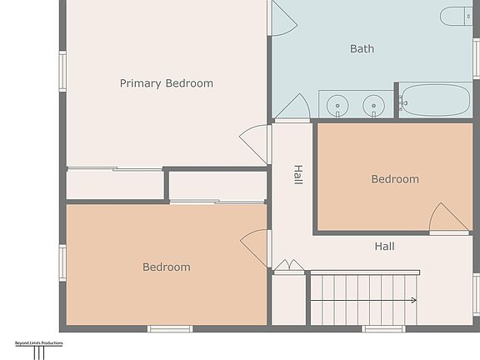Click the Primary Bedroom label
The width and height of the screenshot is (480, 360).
click(x=166, y=83)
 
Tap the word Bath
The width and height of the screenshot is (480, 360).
click(x=362, y=49)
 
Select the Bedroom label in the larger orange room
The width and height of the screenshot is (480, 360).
click(x=166, y=267)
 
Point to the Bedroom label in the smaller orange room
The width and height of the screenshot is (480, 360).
click(x=395, y=179)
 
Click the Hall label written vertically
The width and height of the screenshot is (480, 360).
click(x=297, y=175)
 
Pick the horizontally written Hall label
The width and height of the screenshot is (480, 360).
click(x=384, y=247)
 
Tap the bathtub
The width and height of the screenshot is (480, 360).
click(x=434, y=100)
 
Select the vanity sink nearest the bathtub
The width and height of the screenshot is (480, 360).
click(x=375, y=105)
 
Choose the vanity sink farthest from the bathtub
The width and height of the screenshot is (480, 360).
click(x=337, y=105)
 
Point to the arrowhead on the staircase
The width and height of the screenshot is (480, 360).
click(x=413, y=300)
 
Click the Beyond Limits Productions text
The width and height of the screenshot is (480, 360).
click(x=38, y=342)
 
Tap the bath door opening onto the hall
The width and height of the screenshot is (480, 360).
click(x=294, y=107)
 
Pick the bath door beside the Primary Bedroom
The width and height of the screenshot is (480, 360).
click(x=282, y=18)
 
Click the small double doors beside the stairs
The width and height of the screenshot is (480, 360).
click(x=289, y=266)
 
